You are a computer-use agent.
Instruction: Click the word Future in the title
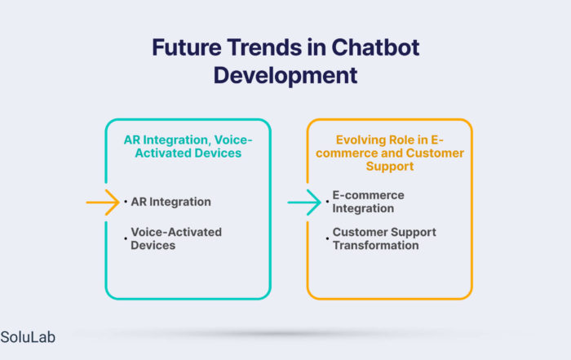[187, 47]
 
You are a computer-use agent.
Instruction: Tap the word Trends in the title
[264, 47]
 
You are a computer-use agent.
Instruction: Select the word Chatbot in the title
[375, 47]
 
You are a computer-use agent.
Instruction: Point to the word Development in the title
[285, 76]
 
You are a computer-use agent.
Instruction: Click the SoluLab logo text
[28, 337]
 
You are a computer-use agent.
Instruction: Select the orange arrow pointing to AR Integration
[103, 202]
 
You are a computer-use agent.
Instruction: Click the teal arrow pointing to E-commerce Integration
[304, 202]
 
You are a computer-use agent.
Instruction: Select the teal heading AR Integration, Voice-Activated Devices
[188, 146]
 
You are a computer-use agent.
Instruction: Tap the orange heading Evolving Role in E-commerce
[390, 153]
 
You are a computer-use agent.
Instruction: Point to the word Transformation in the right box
[375, 245]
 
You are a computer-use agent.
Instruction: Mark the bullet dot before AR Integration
[126, 202]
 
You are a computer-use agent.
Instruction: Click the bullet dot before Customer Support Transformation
[327, 238]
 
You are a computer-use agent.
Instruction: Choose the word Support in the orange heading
[390, 167]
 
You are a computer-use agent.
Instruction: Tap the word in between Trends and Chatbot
[316, 47]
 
